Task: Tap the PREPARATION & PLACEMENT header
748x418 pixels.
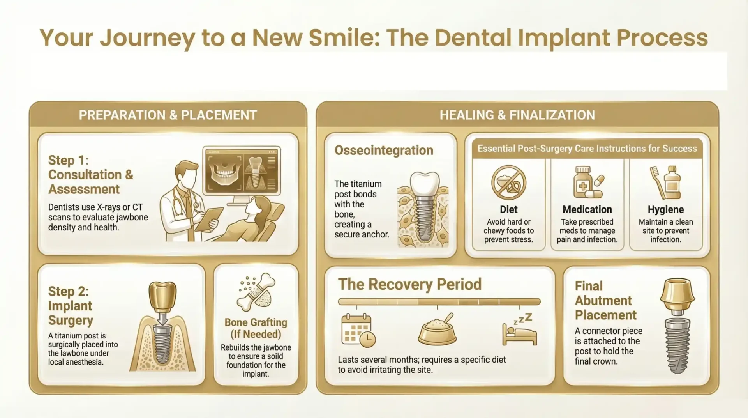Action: click(168, 115)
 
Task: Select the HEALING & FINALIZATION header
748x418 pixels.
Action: click(517, 115)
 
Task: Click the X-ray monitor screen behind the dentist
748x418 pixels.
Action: click(242, 170)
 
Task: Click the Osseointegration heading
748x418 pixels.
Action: click(384, 151)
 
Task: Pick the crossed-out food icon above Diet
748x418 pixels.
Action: click(508, 182)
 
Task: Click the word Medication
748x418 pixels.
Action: click(587, 209)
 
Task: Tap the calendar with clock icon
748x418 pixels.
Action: click(358, 331)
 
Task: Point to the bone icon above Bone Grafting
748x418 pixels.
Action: click(256, 292)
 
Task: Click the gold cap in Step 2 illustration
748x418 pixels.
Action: click(162, 296)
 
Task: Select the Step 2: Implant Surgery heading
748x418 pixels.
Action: click(71, 306)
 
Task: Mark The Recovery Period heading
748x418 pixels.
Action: click(410, 284)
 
